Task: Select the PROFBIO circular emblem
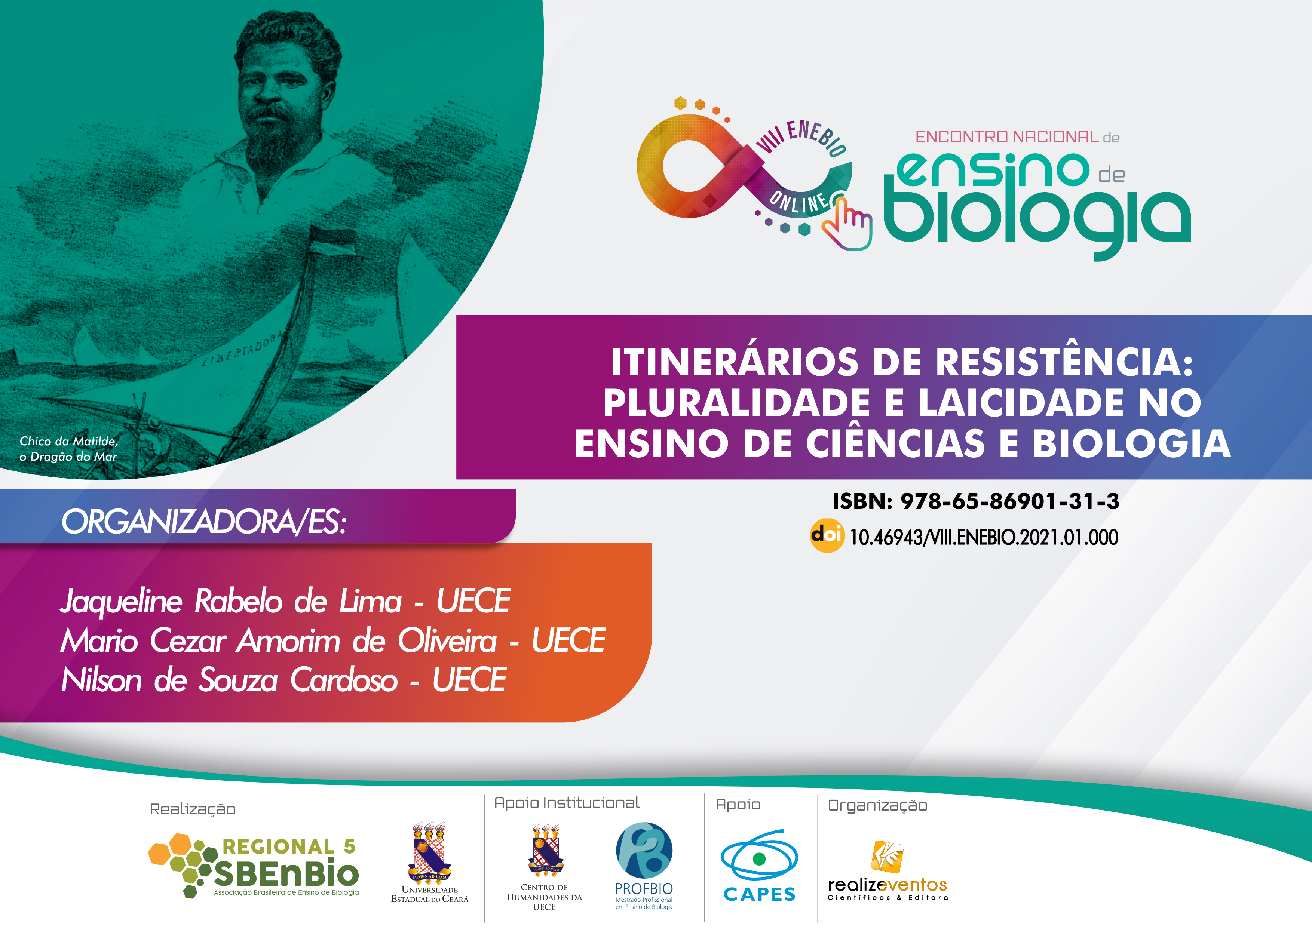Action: [644, 850]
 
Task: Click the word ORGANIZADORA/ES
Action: [203, 522]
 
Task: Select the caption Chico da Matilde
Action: [68, 441]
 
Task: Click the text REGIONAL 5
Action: [289, 846]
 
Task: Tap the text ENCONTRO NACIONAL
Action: [1007, 137]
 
